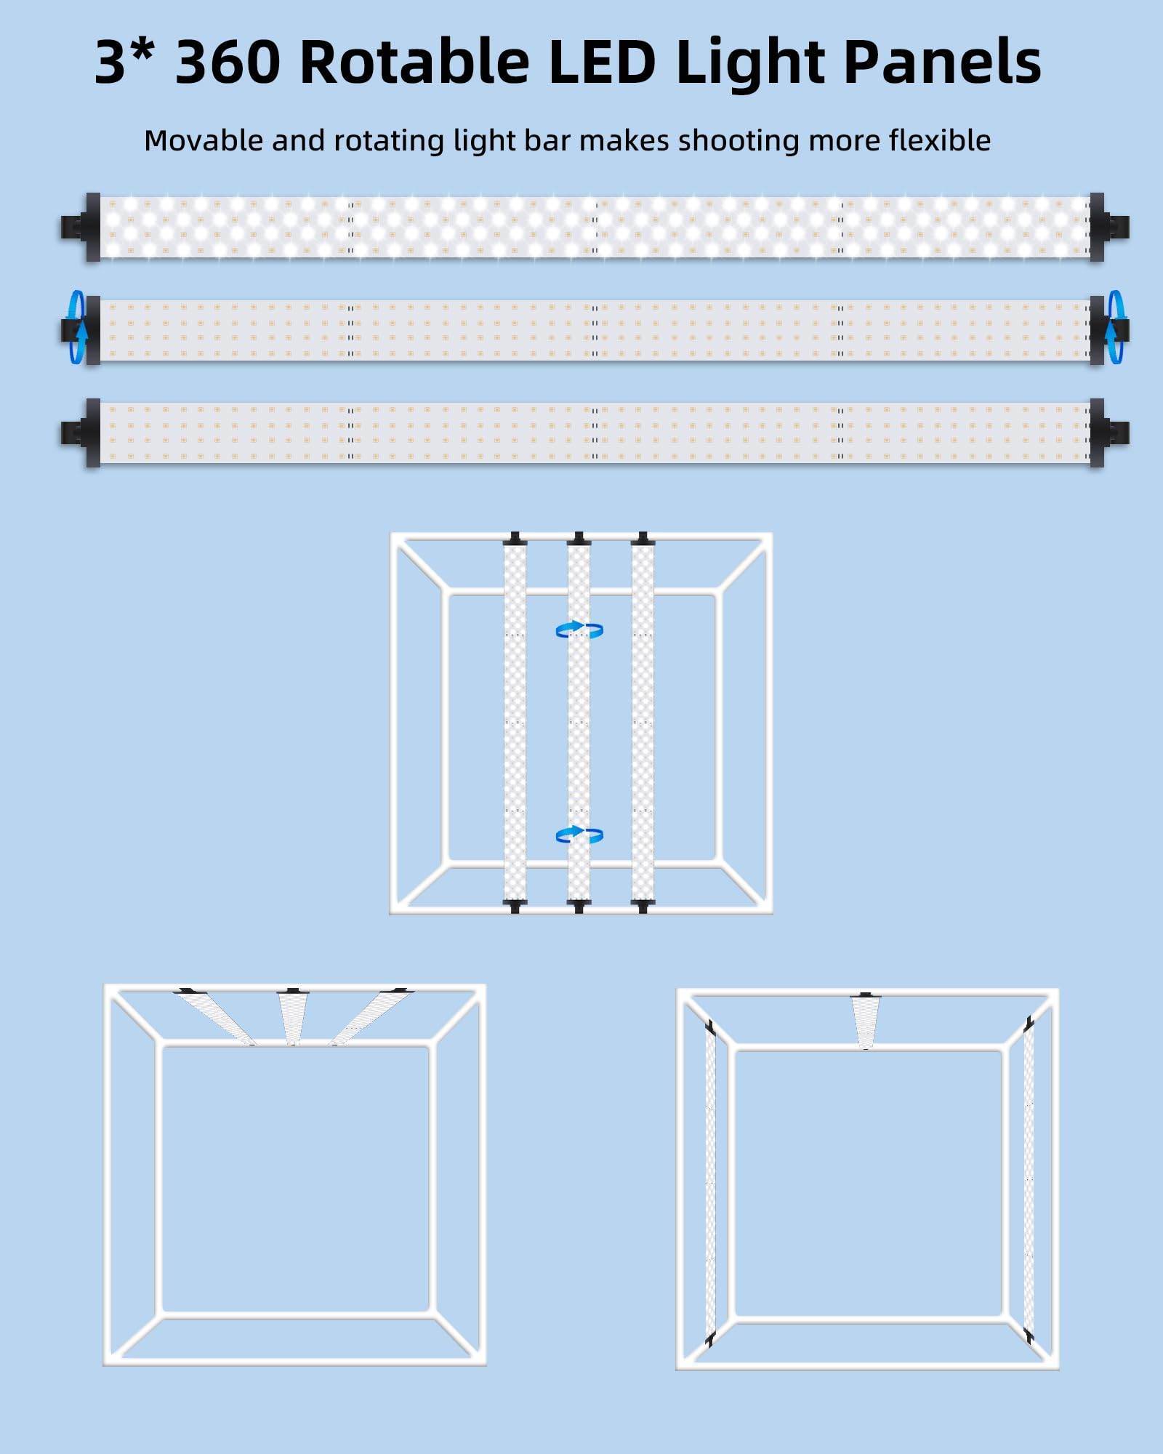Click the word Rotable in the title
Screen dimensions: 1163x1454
tap(414, 62)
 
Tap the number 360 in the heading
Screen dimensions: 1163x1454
tap(228, 63)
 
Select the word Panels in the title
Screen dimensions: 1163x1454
tap(943, 62)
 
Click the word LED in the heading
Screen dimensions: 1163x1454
tap(603, 62)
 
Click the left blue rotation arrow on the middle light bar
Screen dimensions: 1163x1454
tap(78, 327)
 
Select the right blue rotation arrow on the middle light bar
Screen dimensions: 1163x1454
tap(1114, 327)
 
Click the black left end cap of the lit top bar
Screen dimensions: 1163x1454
tap(81, 228)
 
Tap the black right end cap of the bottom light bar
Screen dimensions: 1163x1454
tap(1109, 433)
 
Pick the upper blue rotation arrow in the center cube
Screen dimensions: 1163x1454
tap(579, 630)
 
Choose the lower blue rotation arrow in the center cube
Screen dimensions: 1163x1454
tap(579, 835)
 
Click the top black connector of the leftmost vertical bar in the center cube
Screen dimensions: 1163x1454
tap(515, 539)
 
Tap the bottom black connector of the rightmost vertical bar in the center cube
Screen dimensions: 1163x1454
tap(643, 906)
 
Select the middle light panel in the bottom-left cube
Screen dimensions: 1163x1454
tap(293, 1017)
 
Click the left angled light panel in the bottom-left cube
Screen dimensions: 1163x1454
tap(216, 1016)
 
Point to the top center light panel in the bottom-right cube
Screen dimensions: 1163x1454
tap(866, 1021)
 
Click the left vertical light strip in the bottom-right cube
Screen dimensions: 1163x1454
tap(710, 1182)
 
